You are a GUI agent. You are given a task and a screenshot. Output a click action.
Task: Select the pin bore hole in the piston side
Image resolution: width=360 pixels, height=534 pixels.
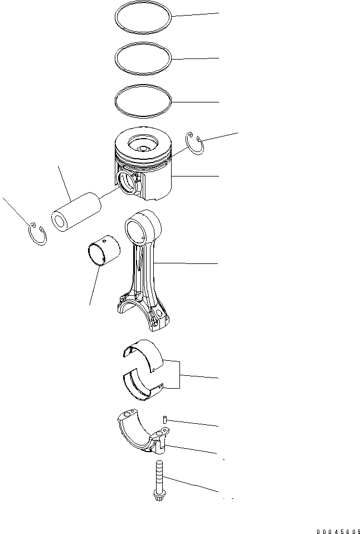click(x=127, y=182)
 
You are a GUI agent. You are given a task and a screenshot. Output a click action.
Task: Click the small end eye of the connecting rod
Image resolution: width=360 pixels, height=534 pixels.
click(x=137, y=228)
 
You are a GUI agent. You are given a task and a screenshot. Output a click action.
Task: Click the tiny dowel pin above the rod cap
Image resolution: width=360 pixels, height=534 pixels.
click(x=165, y=419)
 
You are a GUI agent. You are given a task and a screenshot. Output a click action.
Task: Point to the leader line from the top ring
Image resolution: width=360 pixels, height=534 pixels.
click(x=195, y=15)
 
